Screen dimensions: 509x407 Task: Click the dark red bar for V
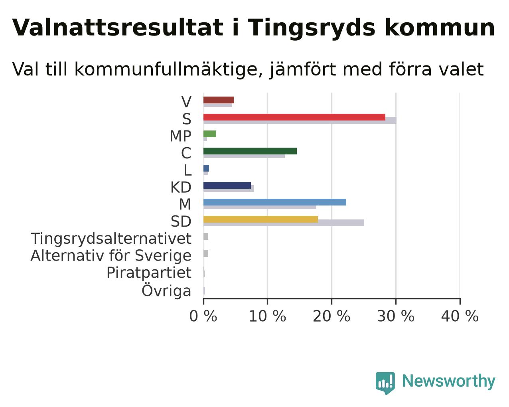click(219, 100)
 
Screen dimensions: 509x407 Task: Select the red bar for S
click(294, 117)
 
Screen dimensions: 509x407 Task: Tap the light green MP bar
click(210, 134)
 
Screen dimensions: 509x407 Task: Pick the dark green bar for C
click(250, 151)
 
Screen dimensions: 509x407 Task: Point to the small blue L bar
click(206, 168)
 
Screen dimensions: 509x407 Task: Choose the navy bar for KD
click(227, 185)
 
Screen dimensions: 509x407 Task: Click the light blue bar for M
click(275, 202)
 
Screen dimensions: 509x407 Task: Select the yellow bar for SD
click(260, 219)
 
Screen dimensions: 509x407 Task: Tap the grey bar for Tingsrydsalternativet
click(206, 236)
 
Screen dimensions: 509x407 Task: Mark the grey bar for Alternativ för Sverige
click(206, 253)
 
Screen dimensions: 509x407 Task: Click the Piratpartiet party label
click(149, 273)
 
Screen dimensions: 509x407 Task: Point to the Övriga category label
click(166, 290)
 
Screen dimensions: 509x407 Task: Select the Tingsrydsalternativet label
click(111, 239)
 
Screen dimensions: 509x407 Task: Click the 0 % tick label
click(203, 316)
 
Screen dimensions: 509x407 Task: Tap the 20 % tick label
click(331, 316)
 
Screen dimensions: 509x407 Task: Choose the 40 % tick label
click(460, 316)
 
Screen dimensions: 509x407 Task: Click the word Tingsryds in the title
click(312, 28)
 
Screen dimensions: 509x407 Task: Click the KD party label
click(181, 188)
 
